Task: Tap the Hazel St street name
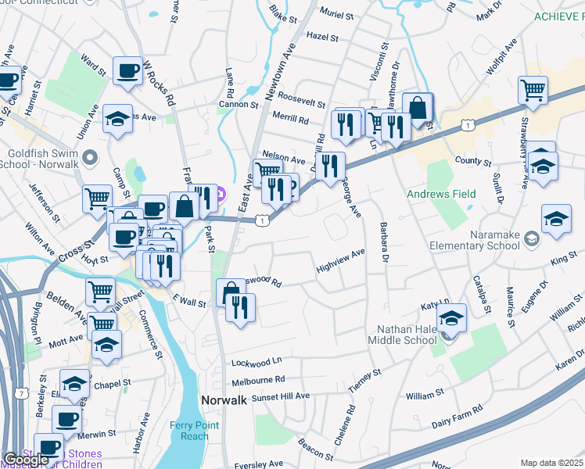tap(322, 37)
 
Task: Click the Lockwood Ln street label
tap(257, 362)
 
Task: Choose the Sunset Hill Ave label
tap(280, 396)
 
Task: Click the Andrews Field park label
tap(435, 193)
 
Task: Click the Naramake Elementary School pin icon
tap(532, 238)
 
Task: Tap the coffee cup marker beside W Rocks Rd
tap(127, 72)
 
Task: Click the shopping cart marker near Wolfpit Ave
tap(533, 89)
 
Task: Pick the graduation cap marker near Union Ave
tap(117, 120)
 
